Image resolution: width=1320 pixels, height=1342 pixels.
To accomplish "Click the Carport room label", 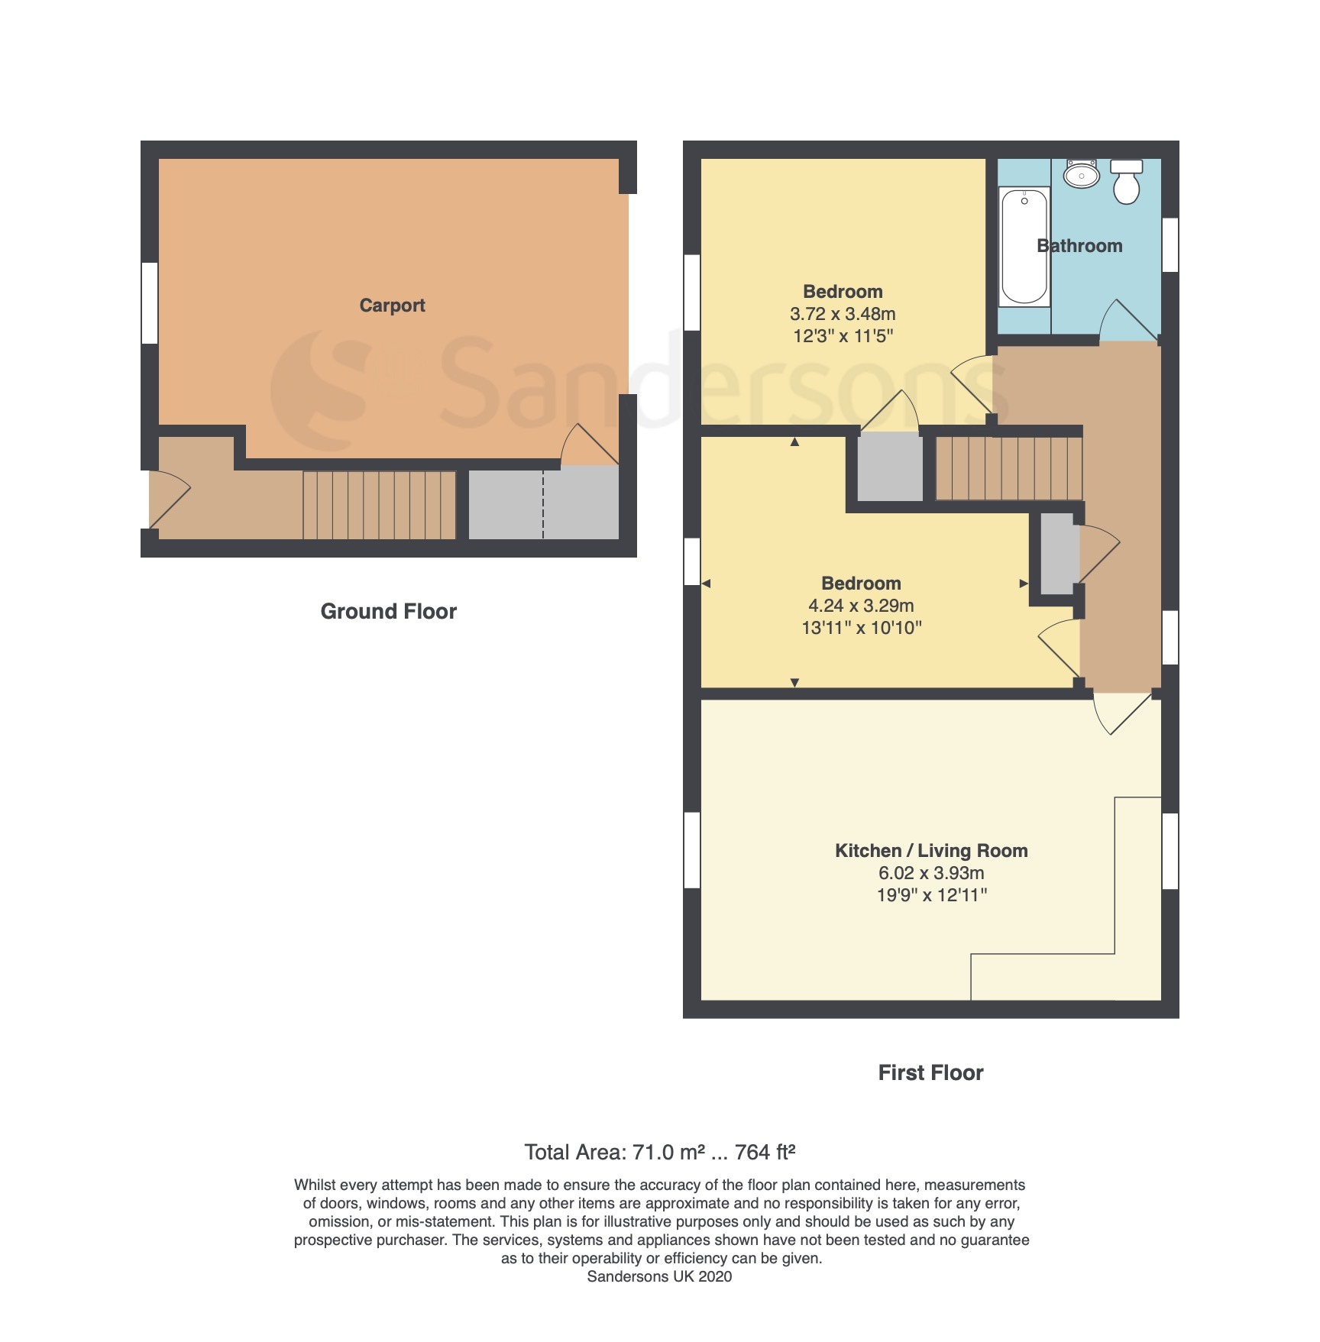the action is [x=392, y=306].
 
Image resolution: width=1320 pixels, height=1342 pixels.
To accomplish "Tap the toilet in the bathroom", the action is [x=1126, y=182].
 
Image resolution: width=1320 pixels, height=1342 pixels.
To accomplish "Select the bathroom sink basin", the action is [x=1082, y=175].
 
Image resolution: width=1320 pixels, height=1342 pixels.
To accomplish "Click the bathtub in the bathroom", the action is [x=1024, y=247].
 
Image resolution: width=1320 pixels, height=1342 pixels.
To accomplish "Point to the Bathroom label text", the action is [x=1079, y=246].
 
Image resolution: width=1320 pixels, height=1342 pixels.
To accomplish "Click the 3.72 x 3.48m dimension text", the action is [x=843, y=314].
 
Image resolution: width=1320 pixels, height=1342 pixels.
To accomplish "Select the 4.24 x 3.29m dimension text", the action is [x=861, y=606].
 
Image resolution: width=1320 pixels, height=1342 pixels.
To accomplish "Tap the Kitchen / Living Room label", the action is [x=931, y=851].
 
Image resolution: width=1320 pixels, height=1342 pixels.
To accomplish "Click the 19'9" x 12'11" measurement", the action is [x=932, y=895].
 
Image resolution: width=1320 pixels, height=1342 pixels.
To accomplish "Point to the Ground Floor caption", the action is [x=388, y=611].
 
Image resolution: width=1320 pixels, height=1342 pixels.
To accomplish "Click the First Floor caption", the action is [x=930, y=1072].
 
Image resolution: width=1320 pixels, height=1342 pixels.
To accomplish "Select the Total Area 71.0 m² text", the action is [x=614, y=1152].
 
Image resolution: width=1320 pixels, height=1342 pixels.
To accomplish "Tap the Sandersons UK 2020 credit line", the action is [x=659, y=1276].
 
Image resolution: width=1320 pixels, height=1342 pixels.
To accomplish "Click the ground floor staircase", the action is [x=380, y=505].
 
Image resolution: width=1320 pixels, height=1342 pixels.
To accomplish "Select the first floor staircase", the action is [x=1009, y=468].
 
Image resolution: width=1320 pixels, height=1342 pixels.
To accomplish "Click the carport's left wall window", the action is [x=150, y=303].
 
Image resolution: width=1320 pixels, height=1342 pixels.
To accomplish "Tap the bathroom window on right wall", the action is [x=1170, y=244].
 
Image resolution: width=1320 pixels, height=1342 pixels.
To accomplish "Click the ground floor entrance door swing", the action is [x=170, y=500].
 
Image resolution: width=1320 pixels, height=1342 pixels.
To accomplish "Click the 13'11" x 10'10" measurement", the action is [x=862, y=628].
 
